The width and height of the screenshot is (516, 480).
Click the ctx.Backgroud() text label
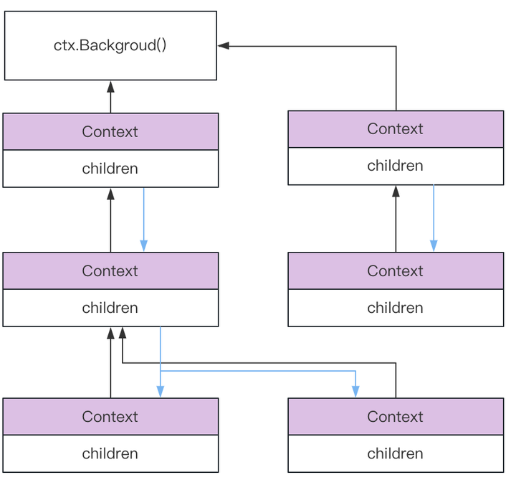110,45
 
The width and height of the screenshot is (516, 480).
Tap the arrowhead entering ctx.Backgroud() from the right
223,46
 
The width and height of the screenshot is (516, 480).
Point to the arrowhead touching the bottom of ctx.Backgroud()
110,86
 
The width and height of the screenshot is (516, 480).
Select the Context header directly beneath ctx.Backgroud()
110,131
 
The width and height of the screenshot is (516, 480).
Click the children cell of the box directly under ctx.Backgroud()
110,169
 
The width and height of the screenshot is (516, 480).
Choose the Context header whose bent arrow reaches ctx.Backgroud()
396,128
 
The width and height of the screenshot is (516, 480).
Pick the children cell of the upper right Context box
396,166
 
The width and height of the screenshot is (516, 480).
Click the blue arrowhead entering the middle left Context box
143,246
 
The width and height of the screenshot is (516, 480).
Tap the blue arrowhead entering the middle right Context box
433,245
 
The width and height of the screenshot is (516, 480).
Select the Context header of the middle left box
110,270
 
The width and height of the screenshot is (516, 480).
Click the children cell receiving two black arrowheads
110,308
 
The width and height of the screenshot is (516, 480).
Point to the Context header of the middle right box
396,270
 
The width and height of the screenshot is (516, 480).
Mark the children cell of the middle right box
396,308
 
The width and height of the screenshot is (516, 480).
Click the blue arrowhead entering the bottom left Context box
160,391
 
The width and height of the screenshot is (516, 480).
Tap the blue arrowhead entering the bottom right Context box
355,391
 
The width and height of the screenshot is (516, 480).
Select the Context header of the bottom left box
110,416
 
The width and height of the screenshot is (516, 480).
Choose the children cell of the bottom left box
110,453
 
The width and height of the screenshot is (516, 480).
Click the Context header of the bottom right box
396,416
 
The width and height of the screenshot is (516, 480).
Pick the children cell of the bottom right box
396,453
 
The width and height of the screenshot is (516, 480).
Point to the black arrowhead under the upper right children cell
396,191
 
